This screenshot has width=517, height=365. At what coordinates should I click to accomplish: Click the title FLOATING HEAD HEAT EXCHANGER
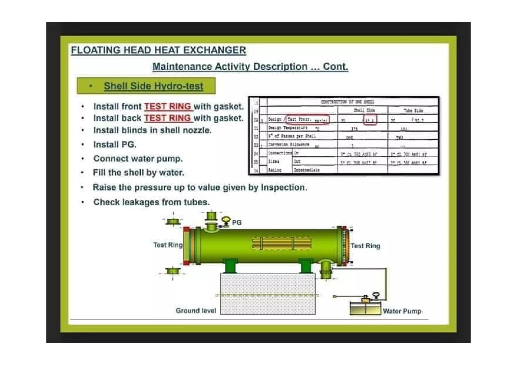(x=158, y=50)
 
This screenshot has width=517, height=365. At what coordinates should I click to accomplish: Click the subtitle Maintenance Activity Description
(x=250, y=67)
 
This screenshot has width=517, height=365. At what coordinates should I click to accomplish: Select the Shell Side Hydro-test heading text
(x=153, y=86)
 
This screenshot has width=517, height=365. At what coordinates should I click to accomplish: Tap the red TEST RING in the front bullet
(x=168, y=106)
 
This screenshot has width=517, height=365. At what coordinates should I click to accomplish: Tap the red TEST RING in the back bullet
(x=168, y=118)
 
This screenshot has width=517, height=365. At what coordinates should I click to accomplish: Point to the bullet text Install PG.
(x=115, y=145)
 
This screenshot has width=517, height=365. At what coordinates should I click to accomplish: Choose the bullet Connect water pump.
(x=138, y=159)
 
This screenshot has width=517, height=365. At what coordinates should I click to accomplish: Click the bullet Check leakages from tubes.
(x=151, y=202)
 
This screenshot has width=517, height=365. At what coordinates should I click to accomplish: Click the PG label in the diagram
(x=237, y=222)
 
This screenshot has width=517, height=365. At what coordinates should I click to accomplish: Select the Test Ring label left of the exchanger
(x=168, y=245)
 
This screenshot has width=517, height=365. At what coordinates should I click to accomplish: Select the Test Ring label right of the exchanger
(x=365, y=246)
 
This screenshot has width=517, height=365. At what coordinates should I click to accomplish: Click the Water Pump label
(x=402, y=311)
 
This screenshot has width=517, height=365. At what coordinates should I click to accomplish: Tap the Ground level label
(x=196, y=311)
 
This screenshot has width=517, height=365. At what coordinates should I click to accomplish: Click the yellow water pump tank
(x=365, y=308)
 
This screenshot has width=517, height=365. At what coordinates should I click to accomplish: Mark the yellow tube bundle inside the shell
(x=281, y=243)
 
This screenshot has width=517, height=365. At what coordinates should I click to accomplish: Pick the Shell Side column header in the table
(x=364, y=110)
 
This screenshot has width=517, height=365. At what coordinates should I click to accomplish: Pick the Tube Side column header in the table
(x=413, y=110)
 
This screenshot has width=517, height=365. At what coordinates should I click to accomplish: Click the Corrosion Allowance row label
(x=289, y=145)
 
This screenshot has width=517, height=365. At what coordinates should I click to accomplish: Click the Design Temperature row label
(x=288, y=128)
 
